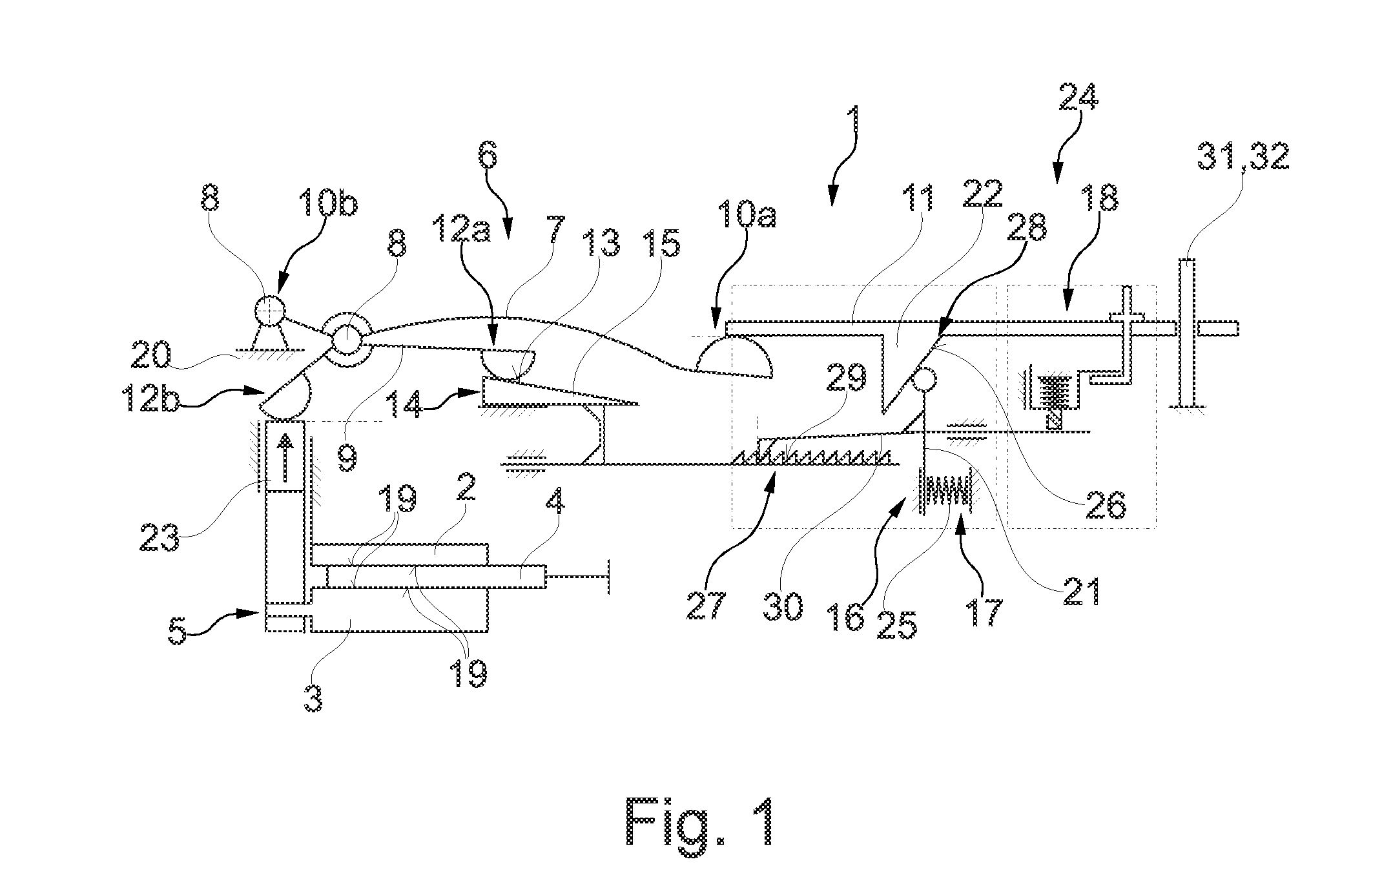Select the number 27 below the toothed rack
pyautogui.click(x=707, y=604)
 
